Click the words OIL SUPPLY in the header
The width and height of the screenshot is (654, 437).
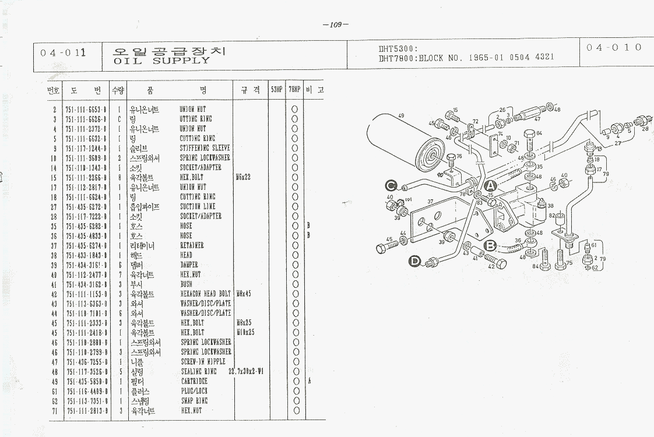click(161, 61)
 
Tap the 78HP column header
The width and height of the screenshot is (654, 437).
click(294, 90)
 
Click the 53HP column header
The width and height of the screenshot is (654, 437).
click(276, 90)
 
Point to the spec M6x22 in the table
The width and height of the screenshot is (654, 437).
click(243, 177)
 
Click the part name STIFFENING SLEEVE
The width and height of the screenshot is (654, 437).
click(205, 148)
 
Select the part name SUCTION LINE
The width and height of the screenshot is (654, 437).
click(197, 207)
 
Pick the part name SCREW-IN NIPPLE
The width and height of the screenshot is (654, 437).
click(202, 362)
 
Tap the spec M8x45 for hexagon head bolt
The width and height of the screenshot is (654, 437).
click(243, 294)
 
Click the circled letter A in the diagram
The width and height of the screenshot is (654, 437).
click(490, 186)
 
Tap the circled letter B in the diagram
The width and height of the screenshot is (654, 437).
click(490, 245)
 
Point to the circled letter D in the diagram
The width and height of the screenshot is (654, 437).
click(415, 262)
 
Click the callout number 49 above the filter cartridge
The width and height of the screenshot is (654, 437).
click(401, 117)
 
